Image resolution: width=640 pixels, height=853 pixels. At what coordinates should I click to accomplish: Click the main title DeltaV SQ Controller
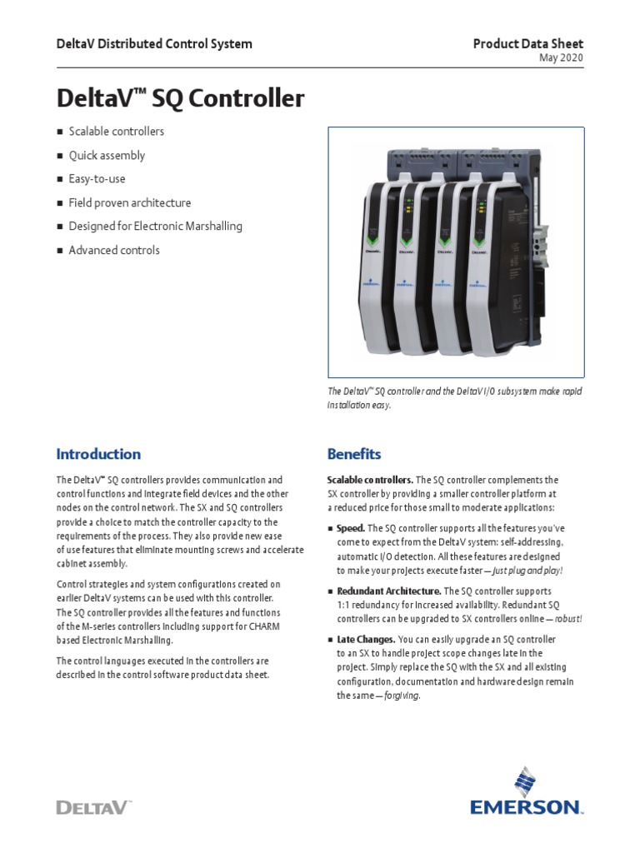click(180, 99)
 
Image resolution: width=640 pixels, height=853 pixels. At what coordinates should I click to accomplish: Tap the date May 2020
click(562, 58)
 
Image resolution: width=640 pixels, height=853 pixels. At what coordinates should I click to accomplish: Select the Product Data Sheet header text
click(528, 43)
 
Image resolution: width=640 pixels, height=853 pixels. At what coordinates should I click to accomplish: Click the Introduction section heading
click(98, 454)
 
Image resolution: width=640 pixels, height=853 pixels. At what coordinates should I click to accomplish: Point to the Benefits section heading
click(354, 454)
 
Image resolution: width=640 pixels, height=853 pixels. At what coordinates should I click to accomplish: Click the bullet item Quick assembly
click(107, 155)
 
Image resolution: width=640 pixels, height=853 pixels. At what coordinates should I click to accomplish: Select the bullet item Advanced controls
click(114, 250)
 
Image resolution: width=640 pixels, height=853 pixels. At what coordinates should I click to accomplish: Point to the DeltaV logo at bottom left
click(93, 806)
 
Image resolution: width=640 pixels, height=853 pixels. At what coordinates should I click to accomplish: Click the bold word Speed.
click(350, 528)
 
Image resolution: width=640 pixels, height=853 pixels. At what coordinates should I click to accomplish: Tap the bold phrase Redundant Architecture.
click(388, 591)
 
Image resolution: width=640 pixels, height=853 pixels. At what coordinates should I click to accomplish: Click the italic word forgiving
click(402, 696)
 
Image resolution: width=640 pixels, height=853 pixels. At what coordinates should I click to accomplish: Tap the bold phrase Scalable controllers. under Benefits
click(370, 480)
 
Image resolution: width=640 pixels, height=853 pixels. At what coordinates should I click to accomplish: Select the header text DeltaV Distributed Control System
click(153, 43)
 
